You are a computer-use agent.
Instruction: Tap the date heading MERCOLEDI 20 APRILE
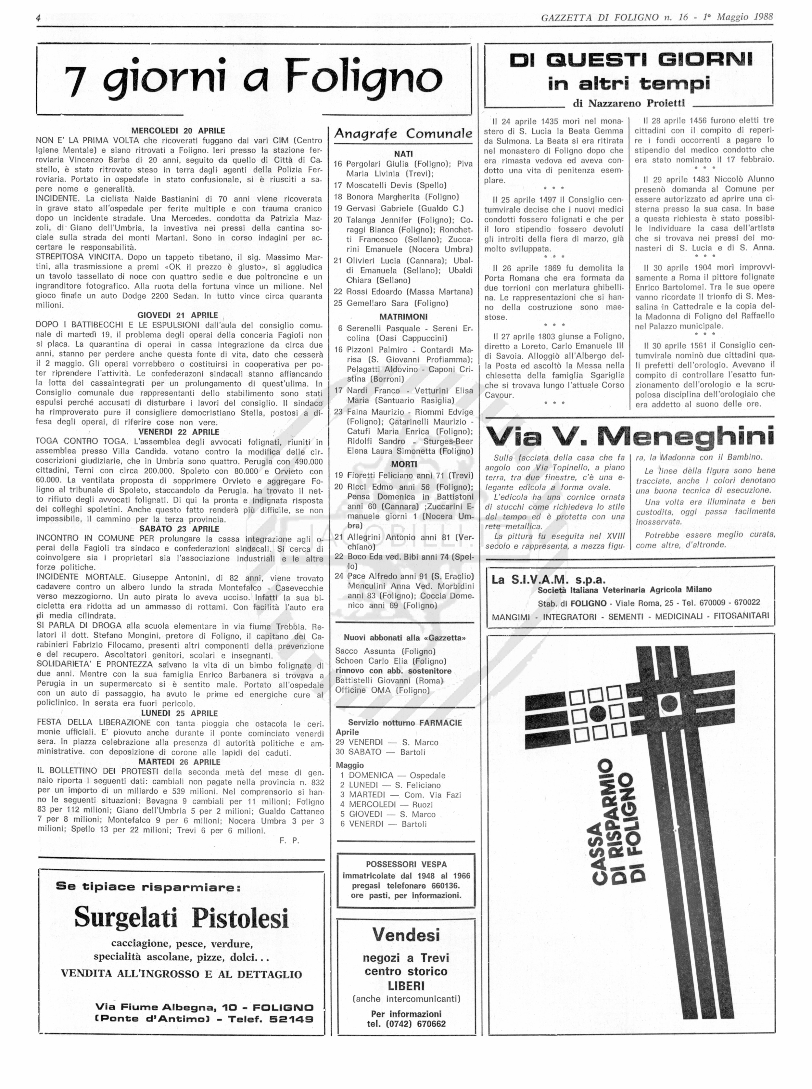point(178,131)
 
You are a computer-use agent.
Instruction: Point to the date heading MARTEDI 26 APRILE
point(179,762)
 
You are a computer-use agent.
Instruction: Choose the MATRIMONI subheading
point(403,317)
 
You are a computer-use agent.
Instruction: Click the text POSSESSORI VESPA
point(406,864)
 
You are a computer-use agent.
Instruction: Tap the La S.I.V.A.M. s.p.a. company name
point(548,580)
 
